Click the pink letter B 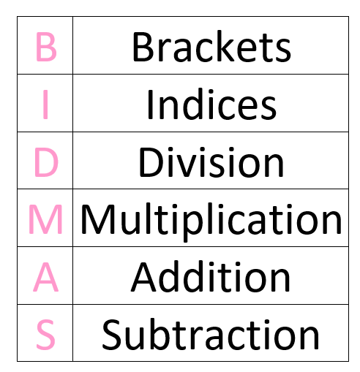(46, 47)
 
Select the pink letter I (45, 105)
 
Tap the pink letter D (46, 162)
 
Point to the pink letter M (45, 219)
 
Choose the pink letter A (46, 277)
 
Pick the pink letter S (45, 335)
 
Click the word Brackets (211, 46)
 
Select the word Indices (211, 105)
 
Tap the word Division (211, 162)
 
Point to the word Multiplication (211, 222)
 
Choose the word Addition (211, 277)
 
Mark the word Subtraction (211, 334)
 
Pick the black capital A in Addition (143, 277)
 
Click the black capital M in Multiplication (98, 219)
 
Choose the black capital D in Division (151, 162)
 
